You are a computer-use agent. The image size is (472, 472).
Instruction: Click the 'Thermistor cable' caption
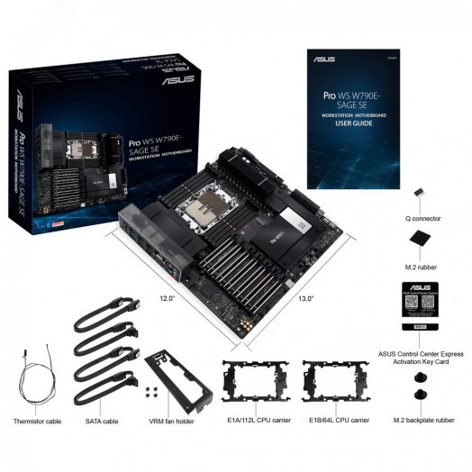coord(37,419)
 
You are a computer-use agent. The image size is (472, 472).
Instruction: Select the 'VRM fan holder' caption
coord(172,419)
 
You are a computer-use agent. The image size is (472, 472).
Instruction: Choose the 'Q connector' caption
coord(419,218)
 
